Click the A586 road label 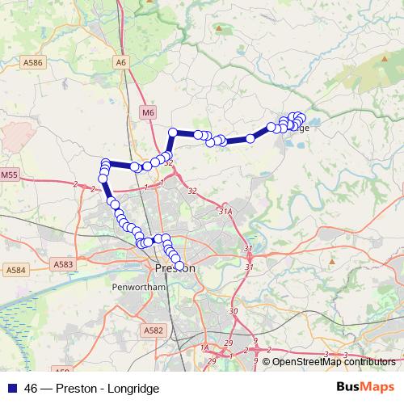click(32, 61)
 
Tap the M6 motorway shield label click(147, 112)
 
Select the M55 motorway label click(9, 174)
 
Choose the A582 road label click(153, 330)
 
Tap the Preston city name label click(174, 268)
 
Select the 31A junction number click(225, 211)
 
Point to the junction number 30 click(234, 311)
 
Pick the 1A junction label click(204, 347)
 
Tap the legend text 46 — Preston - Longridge click(92, 388)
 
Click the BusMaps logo click(364, 387)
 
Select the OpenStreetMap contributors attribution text click(333, 362)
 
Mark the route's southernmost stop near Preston click(179, 266)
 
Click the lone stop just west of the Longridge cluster click(250, 139)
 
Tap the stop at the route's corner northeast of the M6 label click(172, 133)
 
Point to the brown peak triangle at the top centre click(219, 29)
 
